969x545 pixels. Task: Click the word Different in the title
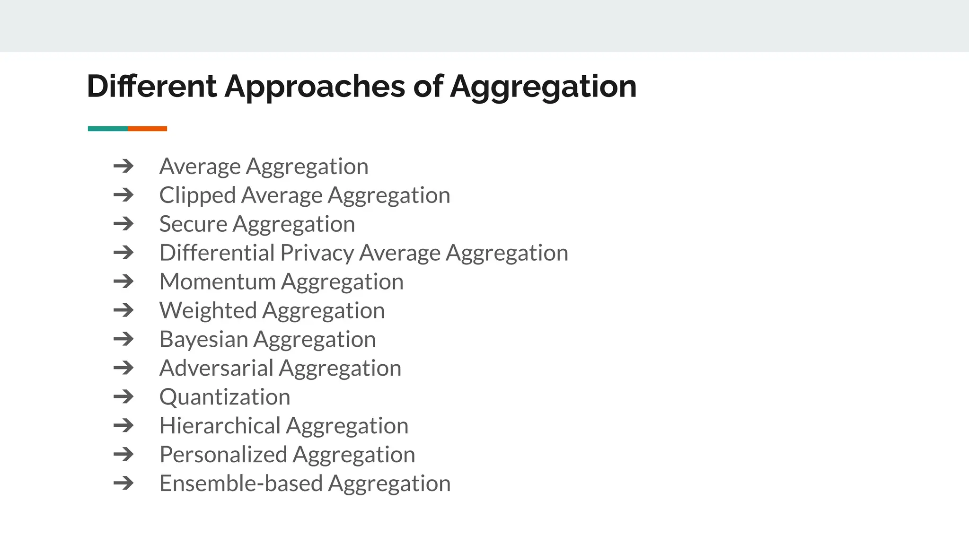(151, 87)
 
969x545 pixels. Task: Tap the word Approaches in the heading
(315, 87)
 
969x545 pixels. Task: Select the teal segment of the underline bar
(108, 129)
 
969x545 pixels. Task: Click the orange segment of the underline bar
(147, 129)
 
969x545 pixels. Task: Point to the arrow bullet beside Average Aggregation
(123, 166)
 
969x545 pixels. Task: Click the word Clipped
(197, 195)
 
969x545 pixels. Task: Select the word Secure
(193, 224)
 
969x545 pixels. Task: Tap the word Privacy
(317, 253)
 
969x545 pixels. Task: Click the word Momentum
(218, 282)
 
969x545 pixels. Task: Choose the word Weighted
(208, 311)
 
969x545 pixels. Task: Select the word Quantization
(225, 397)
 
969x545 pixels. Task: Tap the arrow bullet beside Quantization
(123, 396)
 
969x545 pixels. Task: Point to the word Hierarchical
(220, 426)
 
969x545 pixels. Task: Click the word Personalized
(223, 455)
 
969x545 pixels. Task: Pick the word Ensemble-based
(241, 483)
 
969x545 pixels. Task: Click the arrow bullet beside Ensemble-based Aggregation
(123, 483)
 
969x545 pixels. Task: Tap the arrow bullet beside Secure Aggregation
(123, 224)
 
